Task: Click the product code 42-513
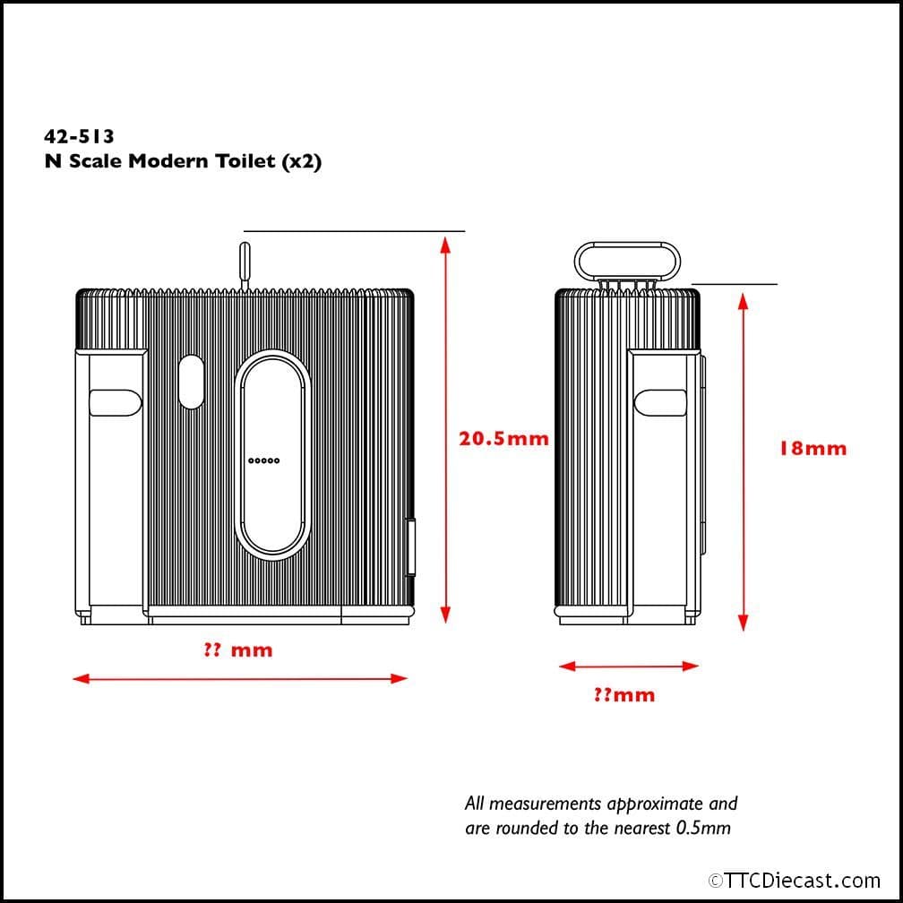(79, 136)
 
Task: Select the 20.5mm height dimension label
(503, 439)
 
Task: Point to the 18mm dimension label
(813, 449)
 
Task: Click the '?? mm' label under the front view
(238, 650)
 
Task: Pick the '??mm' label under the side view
(624, 695)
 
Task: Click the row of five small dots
(263, 460)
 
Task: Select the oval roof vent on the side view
(627, 261)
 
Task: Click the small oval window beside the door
(192, 382)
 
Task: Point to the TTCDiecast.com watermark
(794, 881)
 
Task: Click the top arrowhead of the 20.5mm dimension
(444, 245)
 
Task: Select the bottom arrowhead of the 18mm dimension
(743, 623)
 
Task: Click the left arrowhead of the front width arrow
(82, 679)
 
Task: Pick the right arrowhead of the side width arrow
(691, 666)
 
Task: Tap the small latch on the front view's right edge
(410, 547)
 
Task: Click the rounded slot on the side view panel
(660, 402)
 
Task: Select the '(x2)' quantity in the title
(301, 161)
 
